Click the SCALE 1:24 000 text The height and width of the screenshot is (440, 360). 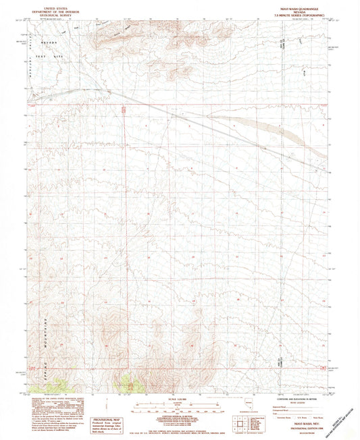point(178,399)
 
